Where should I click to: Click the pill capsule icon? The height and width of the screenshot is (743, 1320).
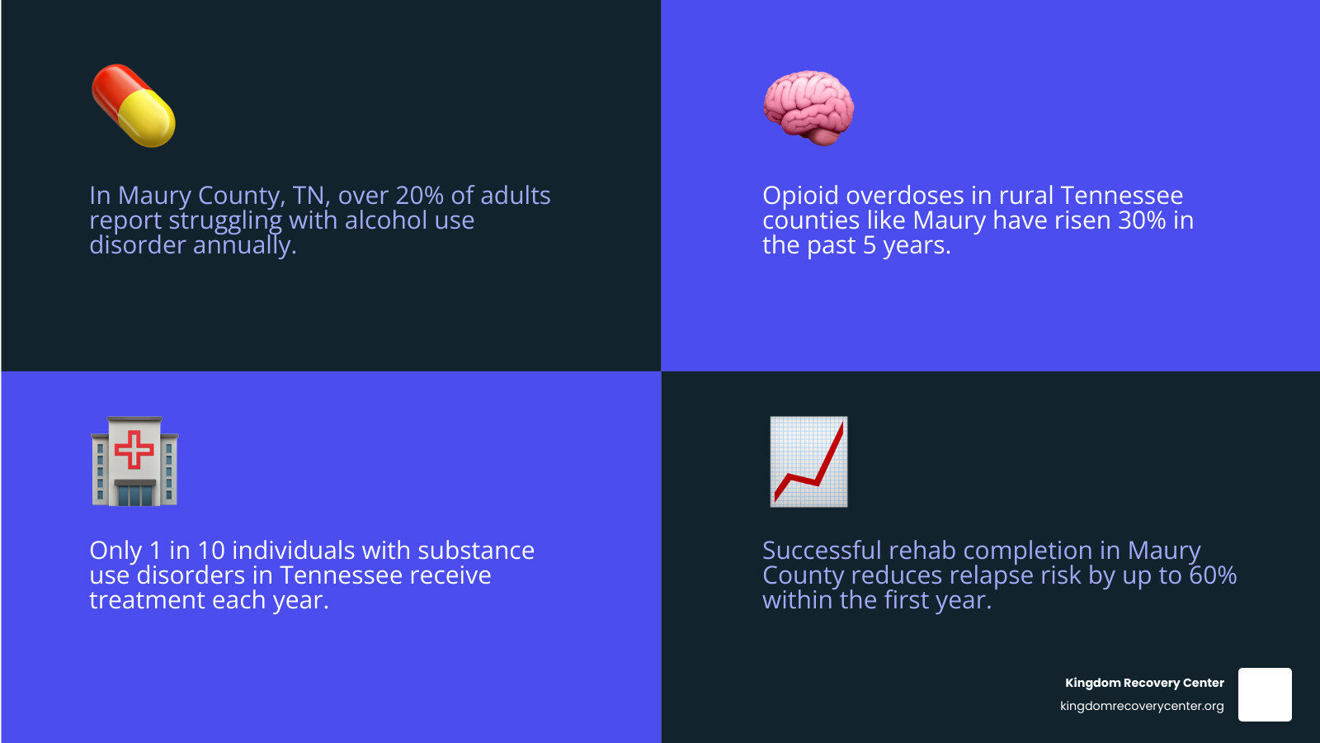(x=133, y=106)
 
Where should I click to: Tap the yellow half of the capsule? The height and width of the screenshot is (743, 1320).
(x=148, y=118)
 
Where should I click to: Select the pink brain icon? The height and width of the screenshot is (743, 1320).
(x=808, y=108)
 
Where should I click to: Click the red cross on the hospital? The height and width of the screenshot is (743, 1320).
(x=134, y=449)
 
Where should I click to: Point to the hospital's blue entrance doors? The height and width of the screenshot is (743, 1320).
(x=135, y=495)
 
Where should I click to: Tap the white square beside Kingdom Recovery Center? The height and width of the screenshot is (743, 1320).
(x=1265, y=694)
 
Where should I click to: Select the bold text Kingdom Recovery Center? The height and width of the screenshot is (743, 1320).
(x=1144, y=683)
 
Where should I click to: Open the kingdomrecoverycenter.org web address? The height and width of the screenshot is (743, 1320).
(x=1142, y=706)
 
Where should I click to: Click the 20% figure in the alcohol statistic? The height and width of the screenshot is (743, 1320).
(x=420, y=195)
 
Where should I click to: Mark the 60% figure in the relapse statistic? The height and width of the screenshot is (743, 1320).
(x=1213, y=575)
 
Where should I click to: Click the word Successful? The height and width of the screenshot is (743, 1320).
(x=822, y=550)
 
